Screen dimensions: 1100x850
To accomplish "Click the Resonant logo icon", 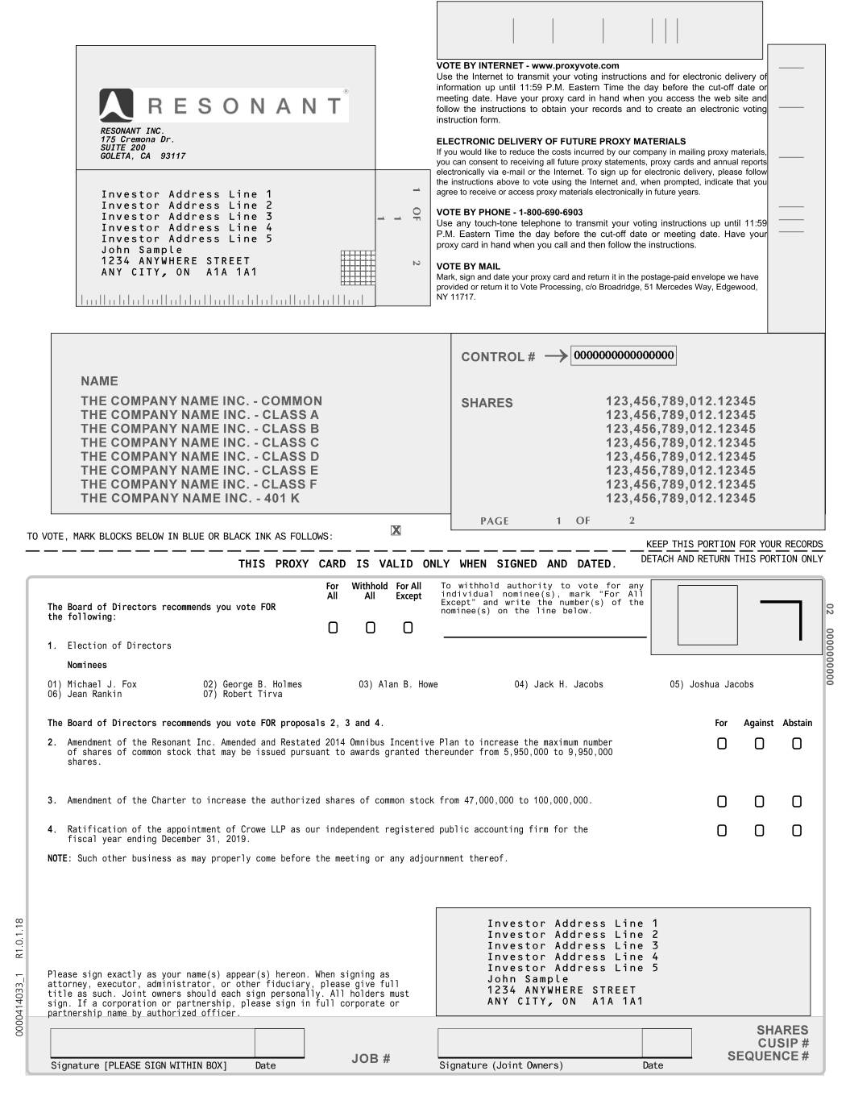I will tap(116, 106).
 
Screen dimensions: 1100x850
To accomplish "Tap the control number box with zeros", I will tap(624, 355).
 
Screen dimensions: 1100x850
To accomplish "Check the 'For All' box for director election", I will tap(333, 628).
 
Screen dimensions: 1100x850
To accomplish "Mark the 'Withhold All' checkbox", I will tap(370, 628).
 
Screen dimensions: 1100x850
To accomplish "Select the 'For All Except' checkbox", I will tap(408, 628).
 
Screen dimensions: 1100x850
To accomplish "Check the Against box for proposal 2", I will tap(759, 744).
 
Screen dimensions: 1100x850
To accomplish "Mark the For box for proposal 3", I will tap(722, 802).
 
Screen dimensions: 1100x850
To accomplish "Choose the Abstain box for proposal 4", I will tap(797, 831).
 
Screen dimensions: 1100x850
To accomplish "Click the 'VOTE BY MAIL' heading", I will tap(468, 267).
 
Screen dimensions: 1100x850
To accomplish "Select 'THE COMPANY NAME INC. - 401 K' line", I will tap(189, 499).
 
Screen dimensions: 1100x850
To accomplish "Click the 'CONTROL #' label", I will tap(498, 357).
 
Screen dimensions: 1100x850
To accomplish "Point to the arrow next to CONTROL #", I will tap(555, 356).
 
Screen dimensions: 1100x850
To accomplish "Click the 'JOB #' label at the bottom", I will tap(371, 1058).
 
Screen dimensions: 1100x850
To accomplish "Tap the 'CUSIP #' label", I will tap(783, 1043).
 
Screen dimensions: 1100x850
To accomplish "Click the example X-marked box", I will tap(396, 530).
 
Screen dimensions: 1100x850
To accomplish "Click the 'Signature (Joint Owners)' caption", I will tap(500, 1065).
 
